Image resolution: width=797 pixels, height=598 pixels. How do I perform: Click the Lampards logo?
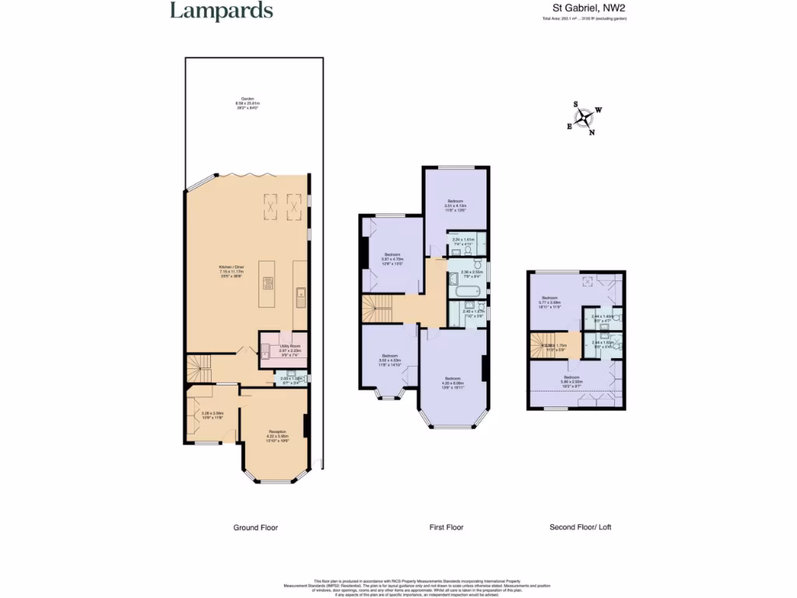[221, 11]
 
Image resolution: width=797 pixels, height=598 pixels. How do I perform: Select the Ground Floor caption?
[255, 527]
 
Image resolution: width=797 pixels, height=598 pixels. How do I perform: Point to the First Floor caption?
[446, 527]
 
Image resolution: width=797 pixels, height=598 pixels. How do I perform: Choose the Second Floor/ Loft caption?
[580, 527]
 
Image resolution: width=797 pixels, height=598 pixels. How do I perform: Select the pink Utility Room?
[283, 350]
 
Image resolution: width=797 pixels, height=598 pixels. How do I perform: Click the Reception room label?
[277, 434]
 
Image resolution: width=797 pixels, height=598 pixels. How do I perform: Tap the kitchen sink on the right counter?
[300, 294]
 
